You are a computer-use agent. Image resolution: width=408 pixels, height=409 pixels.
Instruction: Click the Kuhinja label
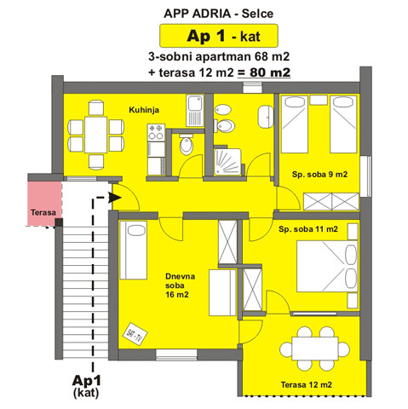pos(144,110)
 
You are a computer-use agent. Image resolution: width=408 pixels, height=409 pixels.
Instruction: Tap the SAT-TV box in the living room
pos(135,334)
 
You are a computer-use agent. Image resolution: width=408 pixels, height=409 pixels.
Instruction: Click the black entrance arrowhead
pos(115,197)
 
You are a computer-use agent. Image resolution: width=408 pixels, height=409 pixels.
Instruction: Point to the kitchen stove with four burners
pos(156,132)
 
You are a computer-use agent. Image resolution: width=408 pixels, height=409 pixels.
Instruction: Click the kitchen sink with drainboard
pos(195,111)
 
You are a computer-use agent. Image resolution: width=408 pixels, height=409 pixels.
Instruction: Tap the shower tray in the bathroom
pos(227,161)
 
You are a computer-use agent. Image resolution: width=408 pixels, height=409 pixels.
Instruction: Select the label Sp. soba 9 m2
pos(319,174)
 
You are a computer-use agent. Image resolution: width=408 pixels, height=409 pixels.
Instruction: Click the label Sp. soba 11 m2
pos(308,229)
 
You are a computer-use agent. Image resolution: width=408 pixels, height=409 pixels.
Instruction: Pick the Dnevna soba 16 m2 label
pos(180,285)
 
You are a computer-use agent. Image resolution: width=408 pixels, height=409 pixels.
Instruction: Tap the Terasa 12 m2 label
pos(306,384)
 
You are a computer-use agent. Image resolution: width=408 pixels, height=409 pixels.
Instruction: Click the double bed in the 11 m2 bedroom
pos(327,266)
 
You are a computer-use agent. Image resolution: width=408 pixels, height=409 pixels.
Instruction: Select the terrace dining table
pos(315,349)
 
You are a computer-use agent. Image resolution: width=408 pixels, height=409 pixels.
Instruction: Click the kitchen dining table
pos(95,135)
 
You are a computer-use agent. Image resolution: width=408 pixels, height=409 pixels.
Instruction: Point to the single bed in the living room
pos(133,251)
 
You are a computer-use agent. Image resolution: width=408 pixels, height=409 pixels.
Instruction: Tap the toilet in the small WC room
pos(187,144)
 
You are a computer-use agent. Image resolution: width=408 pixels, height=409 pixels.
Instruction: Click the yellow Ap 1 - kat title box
pos(219,36)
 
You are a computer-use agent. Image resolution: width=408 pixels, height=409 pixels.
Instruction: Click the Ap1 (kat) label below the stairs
pos(86,386)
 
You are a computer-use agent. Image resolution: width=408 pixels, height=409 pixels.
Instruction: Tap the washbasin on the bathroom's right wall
pos(266,117)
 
